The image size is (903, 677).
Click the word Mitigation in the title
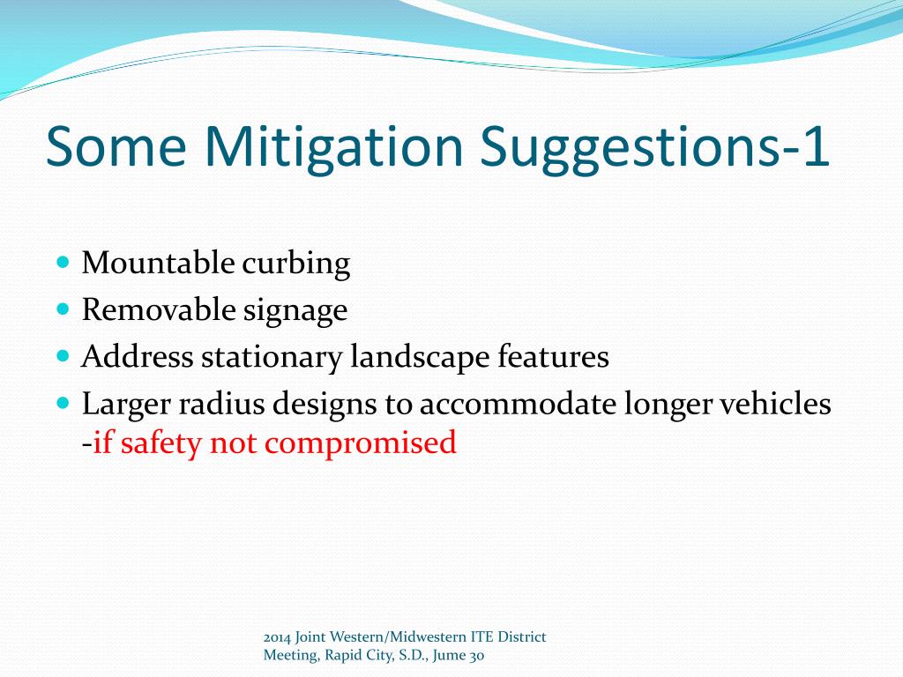tap(334, 146)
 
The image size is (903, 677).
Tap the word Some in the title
tap(116, 146)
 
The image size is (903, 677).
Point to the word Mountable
tap(158, 263)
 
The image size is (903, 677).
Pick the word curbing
tap(296, 264)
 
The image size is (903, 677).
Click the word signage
tap(295, 312)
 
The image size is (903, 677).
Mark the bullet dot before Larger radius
tap(63, 403)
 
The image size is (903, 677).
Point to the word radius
tap(221, 403)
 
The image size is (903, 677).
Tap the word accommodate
tap(519, 404)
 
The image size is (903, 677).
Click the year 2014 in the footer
tap(277, 637)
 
